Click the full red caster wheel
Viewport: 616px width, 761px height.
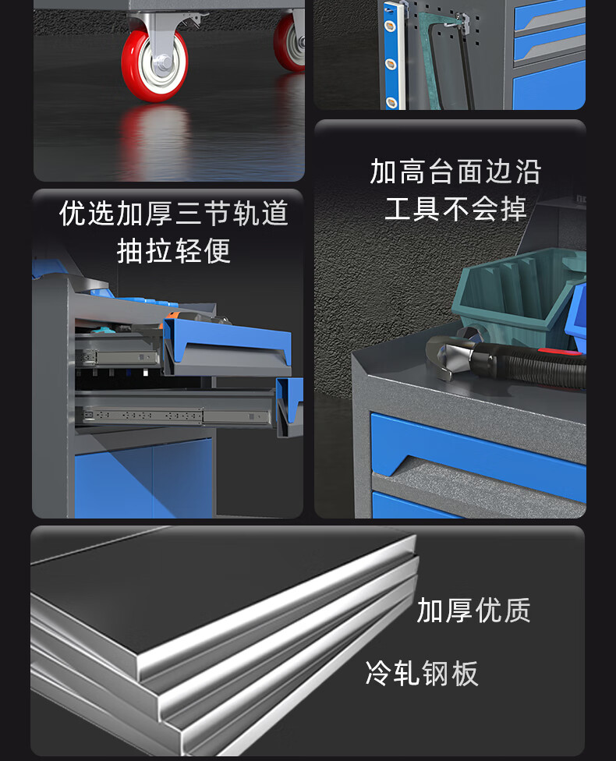click(154, 65)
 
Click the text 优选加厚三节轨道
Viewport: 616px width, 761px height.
click(174, 213)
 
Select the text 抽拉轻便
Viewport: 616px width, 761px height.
click(174, 250)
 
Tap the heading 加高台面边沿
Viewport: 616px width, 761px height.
click(455, 172)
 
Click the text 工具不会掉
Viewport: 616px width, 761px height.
click(455, 209)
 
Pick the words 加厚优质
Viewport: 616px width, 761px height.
click(473, 610)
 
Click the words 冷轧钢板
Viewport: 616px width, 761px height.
click(421, 673)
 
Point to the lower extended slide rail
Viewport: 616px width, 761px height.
click(175, 416)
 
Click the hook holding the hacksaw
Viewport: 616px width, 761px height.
click(461, 20)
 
